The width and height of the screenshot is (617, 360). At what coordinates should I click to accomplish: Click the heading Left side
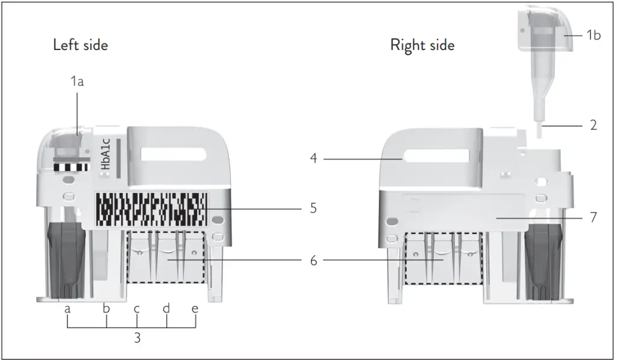[x=81, y=45]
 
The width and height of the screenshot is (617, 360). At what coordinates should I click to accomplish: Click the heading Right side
[x=422, y=45]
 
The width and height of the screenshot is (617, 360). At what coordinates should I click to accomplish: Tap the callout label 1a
[x=77, y=81]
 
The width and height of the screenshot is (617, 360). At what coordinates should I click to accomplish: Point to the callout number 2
[x=593, y=125]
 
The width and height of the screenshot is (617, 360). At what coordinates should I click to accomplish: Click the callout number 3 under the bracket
[x=137, y=338]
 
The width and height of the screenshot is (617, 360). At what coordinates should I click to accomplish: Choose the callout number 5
[x=313, y=209]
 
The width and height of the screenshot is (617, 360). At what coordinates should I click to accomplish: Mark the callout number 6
[x=313, y=261]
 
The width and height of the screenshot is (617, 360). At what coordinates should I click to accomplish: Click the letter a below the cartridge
[x=67, y=309]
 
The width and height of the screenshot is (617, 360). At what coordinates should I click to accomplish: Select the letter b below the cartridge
[x=107, y=309]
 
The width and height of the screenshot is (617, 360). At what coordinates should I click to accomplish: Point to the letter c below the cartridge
[x=137, y=309]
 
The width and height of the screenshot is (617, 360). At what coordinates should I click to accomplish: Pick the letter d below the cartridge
[x=166, y=308]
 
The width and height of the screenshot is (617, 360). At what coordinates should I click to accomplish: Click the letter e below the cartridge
[x=195, y=309]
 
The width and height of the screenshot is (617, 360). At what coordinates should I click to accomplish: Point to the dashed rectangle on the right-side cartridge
[x=443, y=258]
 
